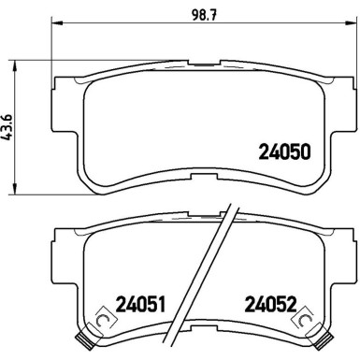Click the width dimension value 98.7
tap(205, 14)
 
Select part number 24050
tap(285, 151)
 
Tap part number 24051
tap(140, 305)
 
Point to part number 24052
tap(270, 305)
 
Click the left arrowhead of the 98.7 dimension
tap(56, 22)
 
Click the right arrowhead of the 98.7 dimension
tap(349, 22)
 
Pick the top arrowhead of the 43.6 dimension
tap(14, 66)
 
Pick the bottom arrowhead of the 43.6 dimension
tap(14, 189)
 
